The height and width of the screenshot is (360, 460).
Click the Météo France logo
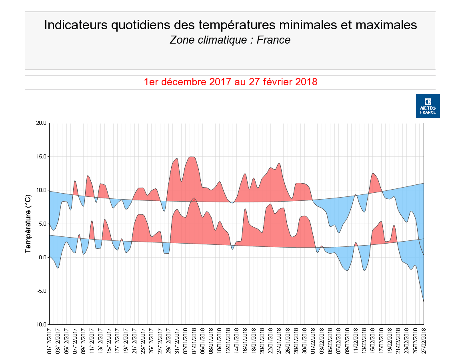click(428, 106)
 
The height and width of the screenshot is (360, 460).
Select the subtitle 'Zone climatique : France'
click(230, 40)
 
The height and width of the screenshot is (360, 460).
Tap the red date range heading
click(230, 82)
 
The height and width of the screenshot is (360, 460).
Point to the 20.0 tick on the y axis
click(41, 123)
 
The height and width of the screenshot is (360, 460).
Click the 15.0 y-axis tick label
click(41, 156)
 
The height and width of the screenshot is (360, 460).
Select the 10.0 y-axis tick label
click(41, 190)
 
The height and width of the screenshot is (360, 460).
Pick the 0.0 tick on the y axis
click(42, 257)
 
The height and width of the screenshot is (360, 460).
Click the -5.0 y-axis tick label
click(42, 291)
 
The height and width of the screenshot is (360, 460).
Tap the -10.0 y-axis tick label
click(40, 324)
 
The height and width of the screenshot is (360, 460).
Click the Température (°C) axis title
click(28, 224)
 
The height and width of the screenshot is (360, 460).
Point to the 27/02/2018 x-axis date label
click(424, 341)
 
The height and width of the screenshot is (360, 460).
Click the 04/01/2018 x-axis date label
click(194, 341)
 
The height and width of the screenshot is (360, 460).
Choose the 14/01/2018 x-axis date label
click(236, 341)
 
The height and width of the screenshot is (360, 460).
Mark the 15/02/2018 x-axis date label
click(372, 341)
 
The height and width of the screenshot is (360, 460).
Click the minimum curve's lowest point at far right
click(423, 301)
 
